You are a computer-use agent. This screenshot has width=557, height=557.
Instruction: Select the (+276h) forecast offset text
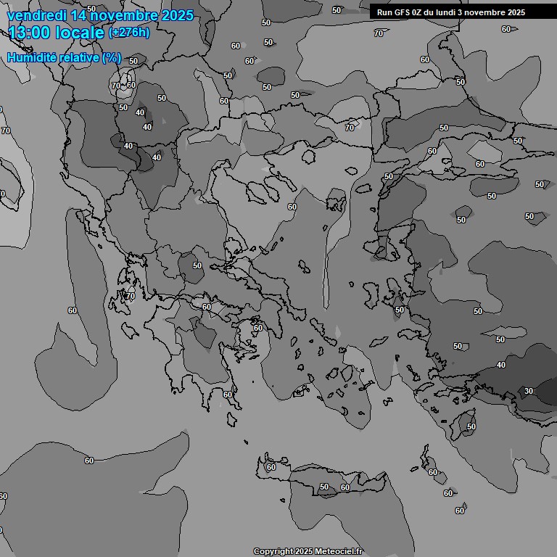(x=129, y=33)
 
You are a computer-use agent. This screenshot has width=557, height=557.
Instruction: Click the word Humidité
(x=33, y=57)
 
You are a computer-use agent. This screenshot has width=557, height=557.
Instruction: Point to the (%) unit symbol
(x=112, y=57)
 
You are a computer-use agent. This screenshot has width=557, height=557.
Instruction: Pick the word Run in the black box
(x=384, y=12)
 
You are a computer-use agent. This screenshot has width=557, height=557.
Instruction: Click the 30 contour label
(x=529, y=391)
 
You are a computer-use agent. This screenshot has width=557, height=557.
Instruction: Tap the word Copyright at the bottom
(x=273, y=552)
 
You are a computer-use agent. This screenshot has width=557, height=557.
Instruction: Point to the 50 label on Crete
(x=324, y=487)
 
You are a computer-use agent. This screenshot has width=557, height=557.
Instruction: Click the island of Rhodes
(x=464, y=426)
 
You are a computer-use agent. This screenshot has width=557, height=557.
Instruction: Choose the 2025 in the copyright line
(x=304, y=552)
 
